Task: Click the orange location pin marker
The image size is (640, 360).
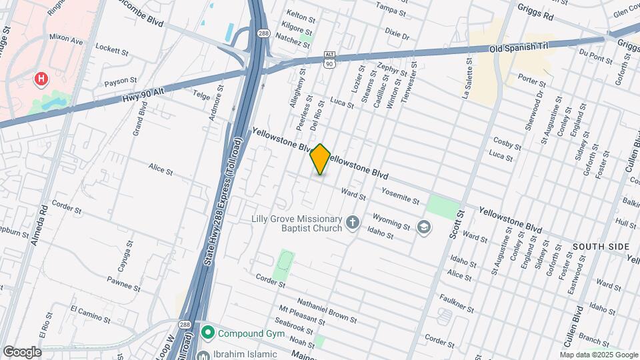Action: tap(321, 159)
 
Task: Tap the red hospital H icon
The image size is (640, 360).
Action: tap(41, 80)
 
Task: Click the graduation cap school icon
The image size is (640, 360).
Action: tap(423, 228)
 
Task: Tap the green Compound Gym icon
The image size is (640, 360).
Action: tap(208, 331)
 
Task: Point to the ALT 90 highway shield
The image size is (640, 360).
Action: tap(329, 61)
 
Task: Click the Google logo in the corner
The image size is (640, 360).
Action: tap(22, 352)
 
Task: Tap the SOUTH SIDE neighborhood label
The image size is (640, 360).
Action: tap(600, 247)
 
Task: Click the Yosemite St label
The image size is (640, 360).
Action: tap(400, 195)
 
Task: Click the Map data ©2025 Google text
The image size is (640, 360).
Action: tap(599, 355)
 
